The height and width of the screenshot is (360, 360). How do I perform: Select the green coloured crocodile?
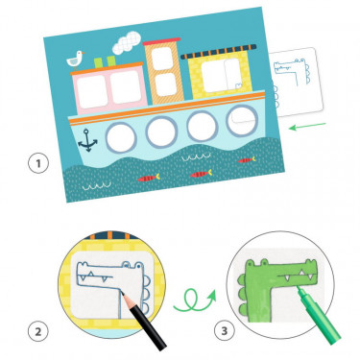pyautogui.click(x=278, y=278)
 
